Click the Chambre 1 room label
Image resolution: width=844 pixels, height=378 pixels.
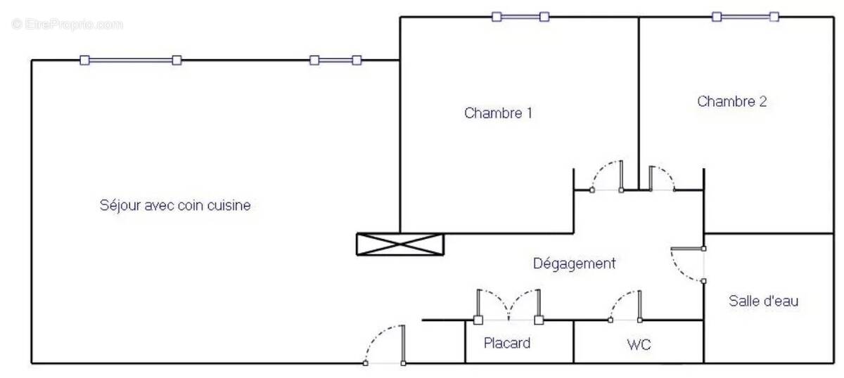coord(498,113)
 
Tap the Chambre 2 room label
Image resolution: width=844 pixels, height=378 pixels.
coord(731,101)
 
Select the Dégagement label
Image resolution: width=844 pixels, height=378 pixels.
coord(574,263)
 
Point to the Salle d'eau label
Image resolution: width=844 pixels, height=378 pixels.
coord(763,301)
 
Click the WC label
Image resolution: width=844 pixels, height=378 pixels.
coord(639,344)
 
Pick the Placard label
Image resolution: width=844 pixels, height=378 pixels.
coord(507,343)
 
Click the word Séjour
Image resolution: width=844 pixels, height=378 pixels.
coord(120,206)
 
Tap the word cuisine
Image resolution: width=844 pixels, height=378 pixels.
coord(229,206)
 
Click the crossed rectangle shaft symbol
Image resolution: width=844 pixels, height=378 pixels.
coord(400,245)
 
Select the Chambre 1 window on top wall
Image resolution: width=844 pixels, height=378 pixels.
coord(520,17)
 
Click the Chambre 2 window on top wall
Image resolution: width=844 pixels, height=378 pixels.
coord(746,17)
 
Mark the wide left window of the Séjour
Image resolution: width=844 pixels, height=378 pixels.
coord(131,60)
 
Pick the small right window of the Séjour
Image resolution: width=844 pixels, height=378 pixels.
coord(335,60)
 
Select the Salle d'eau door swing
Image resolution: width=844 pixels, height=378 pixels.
coord(687,264)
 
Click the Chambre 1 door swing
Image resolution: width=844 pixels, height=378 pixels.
coord(606,176)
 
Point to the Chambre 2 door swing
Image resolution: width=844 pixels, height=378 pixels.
coord(662,178)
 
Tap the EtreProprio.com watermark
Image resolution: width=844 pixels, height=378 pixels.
coord(67,25)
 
